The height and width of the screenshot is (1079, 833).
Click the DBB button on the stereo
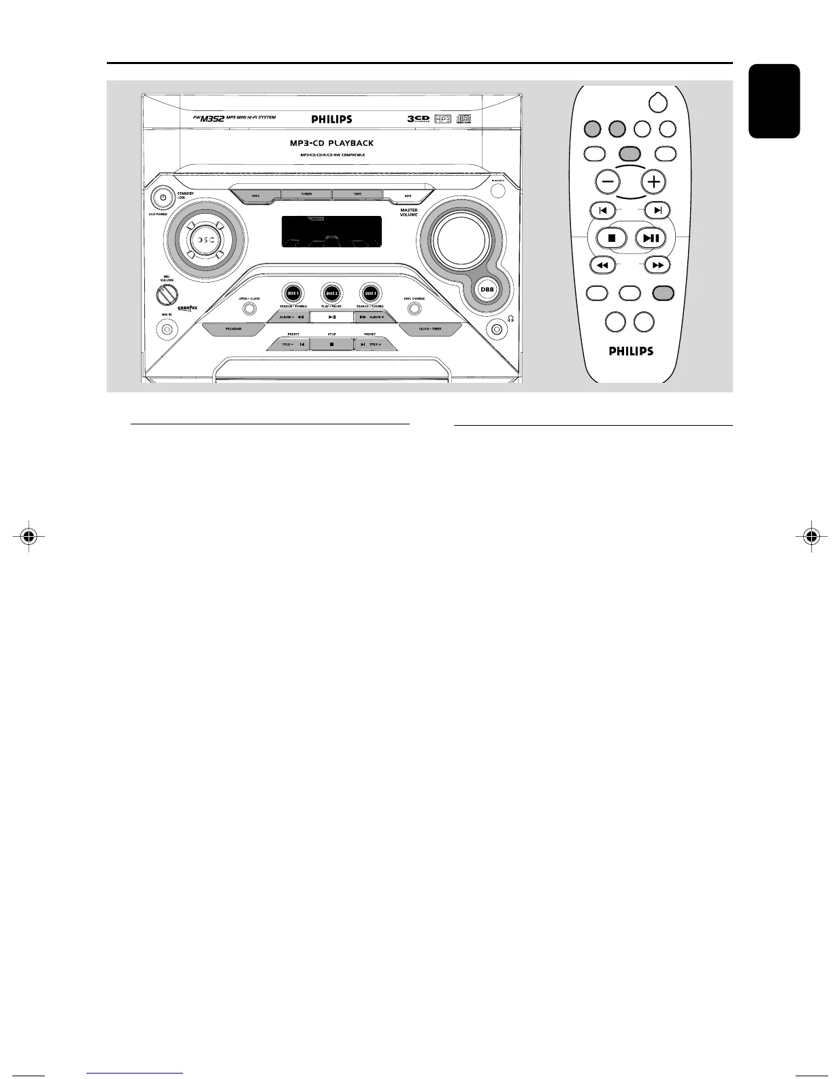click(x=487, y=289)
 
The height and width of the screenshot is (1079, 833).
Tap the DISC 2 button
click(x=331, y=292)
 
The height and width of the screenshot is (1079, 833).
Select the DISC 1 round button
click(x=293, y=292)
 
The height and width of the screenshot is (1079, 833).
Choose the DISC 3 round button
click(x=370, y=292)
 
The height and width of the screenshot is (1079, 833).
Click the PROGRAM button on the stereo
click(x=233, y=329)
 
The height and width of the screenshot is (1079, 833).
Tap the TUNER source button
click(x=306, y=194)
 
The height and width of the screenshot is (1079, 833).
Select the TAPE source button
click(x=357, y=194)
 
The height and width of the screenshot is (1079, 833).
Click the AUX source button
click(x=408, y=196)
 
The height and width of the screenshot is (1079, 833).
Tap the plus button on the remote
click(x=653, y=182)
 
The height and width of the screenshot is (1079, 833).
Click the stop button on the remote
click(x=611, y=238)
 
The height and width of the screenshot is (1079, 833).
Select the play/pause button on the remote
click(x=651, y=238)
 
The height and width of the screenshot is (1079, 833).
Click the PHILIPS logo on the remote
click(x=630, y=351)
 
